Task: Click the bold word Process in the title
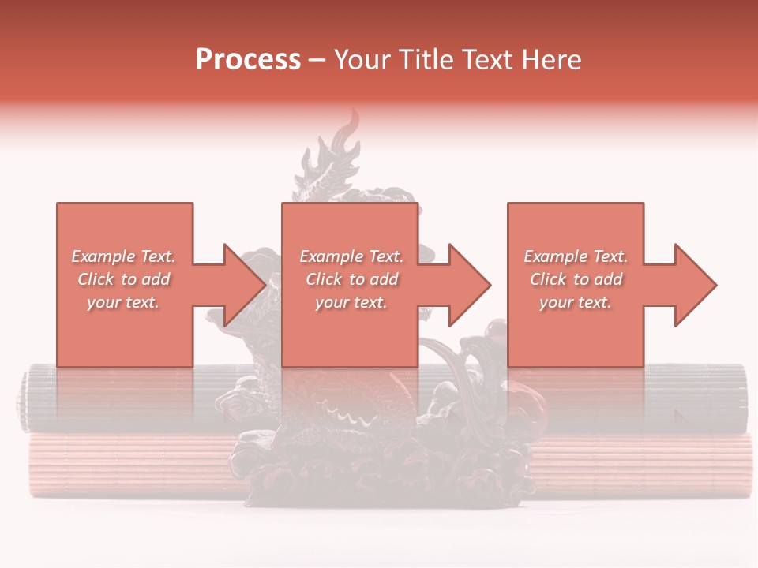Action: [248, 60]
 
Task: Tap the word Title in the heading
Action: [426, 60]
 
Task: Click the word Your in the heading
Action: [365, 60]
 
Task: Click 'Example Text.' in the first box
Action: [123, 256]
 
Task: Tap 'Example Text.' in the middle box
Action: [351, 256]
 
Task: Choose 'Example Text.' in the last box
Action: [576, 256]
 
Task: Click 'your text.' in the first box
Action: [123, 302]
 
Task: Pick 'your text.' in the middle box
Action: [351, 302]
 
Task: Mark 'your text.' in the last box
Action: [576, 302]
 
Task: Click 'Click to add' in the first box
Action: [123, 279]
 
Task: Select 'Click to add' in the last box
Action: [576, 279]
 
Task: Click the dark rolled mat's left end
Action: [25, 398]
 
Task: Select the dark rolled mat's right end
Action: [738, 398]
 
